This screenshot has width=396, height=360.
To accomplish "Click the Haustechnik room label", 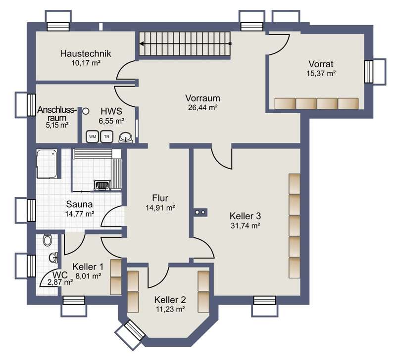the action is (86, 53).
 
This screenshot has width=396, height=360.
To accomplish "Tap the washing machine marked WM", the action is (93, 137).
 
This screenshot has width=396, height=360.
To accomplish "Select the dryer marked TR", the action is (106, 137).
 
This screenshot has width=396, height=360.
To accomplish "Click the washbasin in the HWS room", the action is (126, 137).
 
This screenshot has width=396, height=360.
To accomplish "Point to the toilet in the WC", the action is (47, 239).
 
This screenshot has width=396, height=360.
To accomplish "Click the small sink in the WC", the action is (54, 258).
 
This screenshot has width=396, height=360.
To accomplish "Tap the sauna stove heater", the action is (102, 185).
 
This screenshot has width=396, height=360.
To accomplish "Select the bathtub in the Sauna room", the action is (47, 164).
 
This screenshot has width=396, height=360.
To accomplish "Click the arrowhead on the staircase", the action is (142, 44).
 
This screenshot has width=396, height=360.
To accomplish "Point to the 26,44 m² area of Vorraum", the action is (203, 107).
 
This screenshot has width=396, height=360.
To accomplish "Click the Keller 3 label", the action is (245, 216).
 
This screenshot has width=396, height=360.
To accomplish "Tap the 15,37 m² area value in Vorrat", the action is (321, 73).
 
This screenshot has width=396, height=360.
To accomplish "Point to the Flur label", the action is (160, 198).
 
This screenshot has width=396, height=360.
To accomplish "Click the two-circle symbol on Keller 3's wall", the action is (200, 212).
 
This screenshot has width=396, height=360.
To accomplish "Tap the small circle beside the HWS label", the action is (86, 111).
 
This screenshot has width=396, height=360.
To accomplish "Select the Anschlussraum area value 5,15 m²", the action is (57, 125).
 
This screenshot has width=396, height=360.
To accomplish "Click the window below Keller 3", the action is (264, 306).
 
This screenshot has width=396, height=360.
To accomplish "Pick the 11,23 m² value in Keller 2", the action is (170, 309).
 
